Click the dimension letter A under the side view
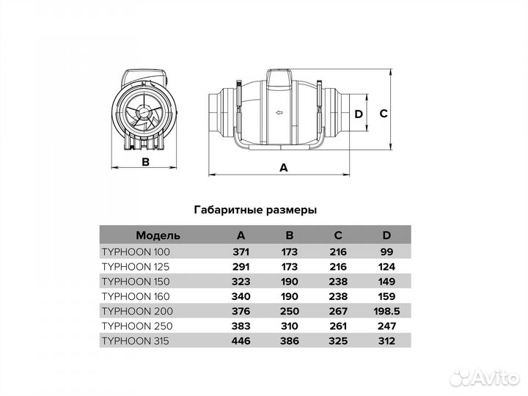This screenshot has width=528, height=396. pos(284,167)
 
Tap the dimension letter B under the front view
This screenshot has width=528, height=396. pos(145,162)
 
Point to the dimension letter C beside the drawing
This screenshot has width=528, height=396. pos(384,114)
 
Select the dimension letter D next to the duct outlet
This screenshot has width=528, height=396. pos(359,114)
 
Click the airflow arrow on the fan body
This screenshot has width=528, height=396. pos(279,112)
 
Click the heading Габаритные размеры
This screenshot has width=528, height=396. pos(255,210)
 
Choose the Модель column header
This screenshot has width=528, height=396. pos(158,235)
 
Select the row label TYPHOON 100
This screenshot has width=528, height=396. pos(136,252)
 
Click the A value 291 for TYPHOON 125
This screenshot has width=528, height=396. pos(241,267)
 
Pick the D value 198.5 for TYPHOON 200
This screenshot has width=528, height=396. pos(386,311)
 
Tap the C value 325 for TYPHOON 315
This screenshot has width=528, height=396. pos(338,341)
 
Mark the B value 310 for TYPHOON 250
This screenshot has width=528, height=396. pos(289,326)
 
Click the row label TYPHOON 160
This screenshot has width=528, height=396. pos(136,296)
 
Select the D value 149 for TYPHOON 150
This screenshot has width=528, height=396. pos(386,282)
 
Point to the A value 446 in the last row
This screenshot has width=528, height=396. pos(241,341)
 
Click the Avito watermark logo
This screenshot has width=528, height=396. pos(485,377)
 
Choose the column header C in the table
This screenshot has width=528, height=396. pos(338,235)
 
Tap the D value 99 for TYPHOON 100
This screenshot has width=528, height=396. pos(386,252)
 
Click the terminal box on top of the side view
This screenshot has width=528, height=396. pos(279,80)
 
